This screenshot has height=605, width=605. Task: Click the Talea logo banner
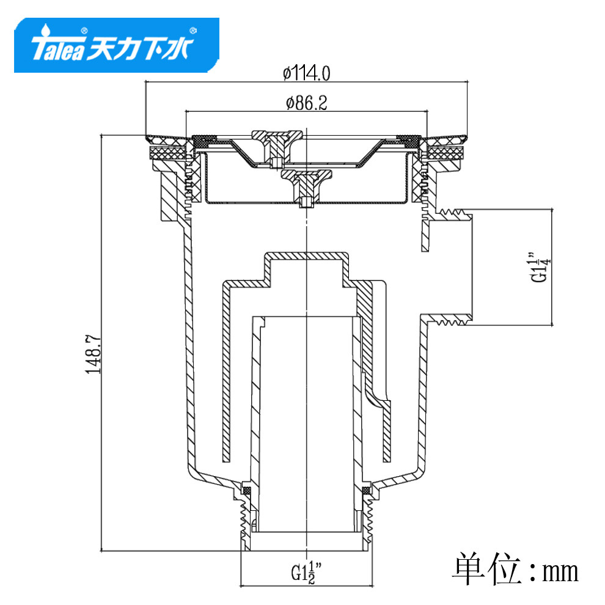tap(116, 46)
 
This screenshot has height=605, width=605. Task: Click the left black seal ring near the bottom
tap(247, 490)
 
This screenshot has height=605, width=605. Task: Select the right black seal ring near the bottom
tap(366, 490)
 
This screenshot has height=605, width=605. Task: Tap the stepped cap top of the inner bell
tap(306, 255)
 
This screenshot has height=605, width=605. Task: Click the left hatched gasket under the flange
tap(167, 152)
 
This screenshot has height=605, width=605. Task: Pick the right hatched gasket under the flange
tap(445, 152)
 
